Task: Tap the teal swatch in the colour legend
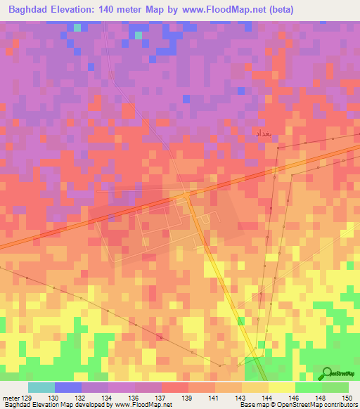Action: click(41, 387)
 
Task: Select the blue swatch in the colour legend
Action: click(67, 387)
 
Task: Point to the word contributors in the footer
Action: click(337, 405)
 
